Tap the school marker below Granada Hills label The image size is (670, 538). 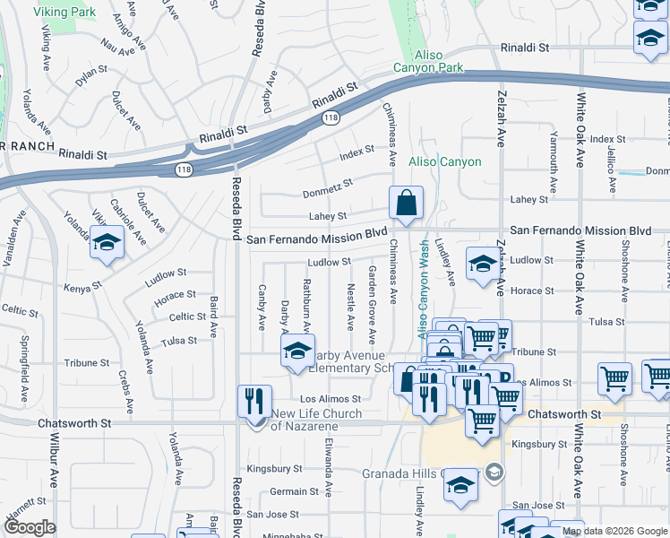click(x=460, y=485)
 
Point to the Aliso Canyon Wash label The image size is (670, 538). click(x=423, y=296)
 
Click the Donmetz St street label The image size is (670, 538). click(x=328, y=187)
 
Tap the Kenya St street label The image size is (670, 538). click(x=79, y=288)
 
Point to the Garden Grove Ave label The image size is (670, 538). click(x=372, y=304)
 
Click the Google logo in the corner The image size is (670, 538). click(x=30, y=527)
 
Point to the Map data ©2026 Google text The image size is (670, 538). click(x=614, y=531)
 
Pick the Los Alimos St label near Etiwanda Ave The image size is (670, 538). click(x=330, y=399)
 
